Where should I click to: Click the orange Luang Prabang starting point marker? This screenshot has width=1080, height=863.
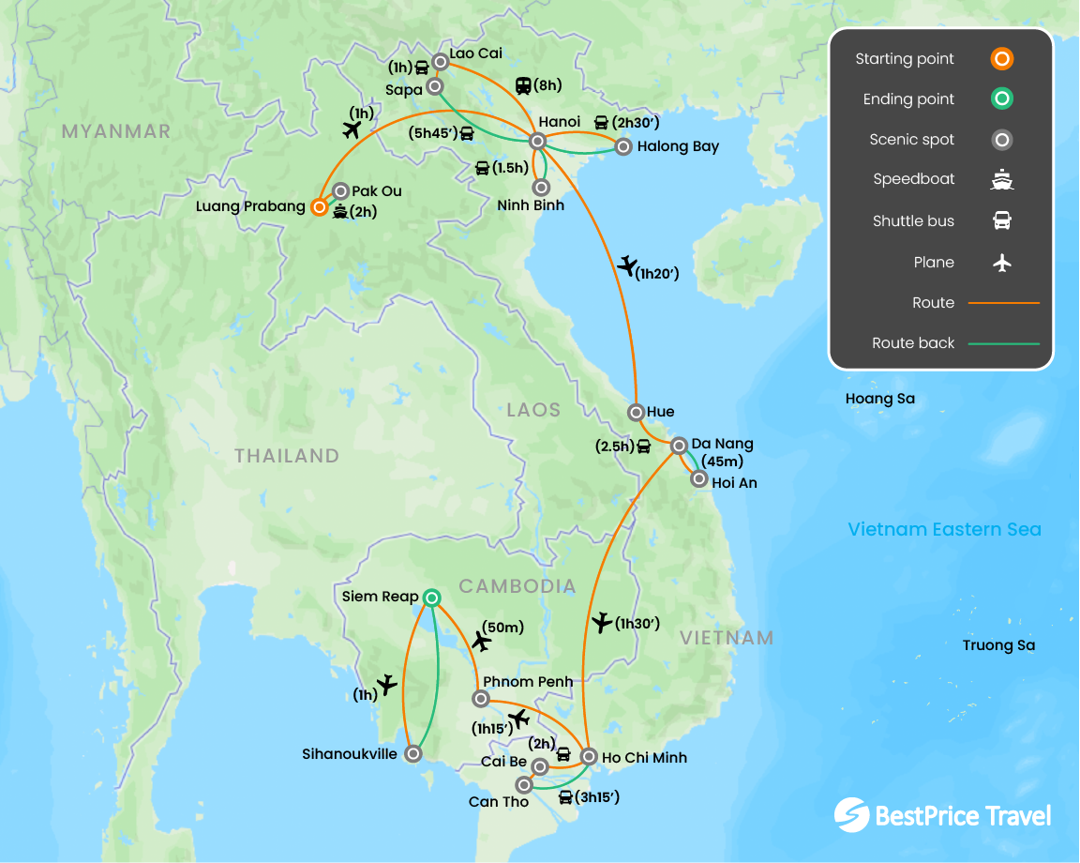pos(320,206)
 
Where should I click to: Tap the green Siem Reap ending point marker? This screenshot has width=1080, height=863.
pos(430,597)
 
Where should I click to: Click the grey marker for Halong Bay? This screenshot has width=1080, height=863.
pos(622,146)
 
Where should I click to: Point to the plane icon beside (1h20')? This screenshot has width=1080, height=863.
pos(626,265)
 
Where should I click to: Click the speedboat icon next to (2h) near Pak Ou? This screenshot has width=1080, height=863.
pos(339,212)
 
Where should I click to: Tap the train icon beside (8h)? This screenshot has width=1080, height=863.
pos(523,86)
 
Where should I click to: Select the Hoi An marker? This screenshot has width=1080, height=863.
pos(698,479)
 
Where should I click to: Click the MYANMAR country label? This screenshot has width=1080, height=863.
pos(116,131)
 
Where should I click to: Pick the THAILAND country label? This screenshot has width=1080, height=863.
pos(286,456)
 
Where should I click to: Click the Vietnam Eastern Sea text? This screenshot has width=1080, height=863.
pos(944,529)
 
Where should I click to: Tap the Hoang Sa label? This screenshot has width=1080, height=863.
pos(879,399)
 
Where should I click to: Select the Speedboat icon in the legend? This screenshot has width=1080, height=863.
pos(1001,180)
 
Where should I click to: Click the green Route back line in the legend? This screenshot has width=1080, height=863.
pos(1003,343)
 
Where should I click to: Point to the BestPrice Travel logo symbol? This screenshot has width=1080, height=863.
pos(851,814)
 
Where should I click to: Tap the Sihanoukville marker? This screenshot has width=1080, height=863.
pos(413,754)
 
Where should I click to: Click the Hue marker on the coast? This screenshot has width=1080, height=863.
pos(636,412)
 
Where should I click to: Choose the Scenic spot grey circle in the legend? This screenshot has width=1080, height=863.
pos(1001,140)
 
